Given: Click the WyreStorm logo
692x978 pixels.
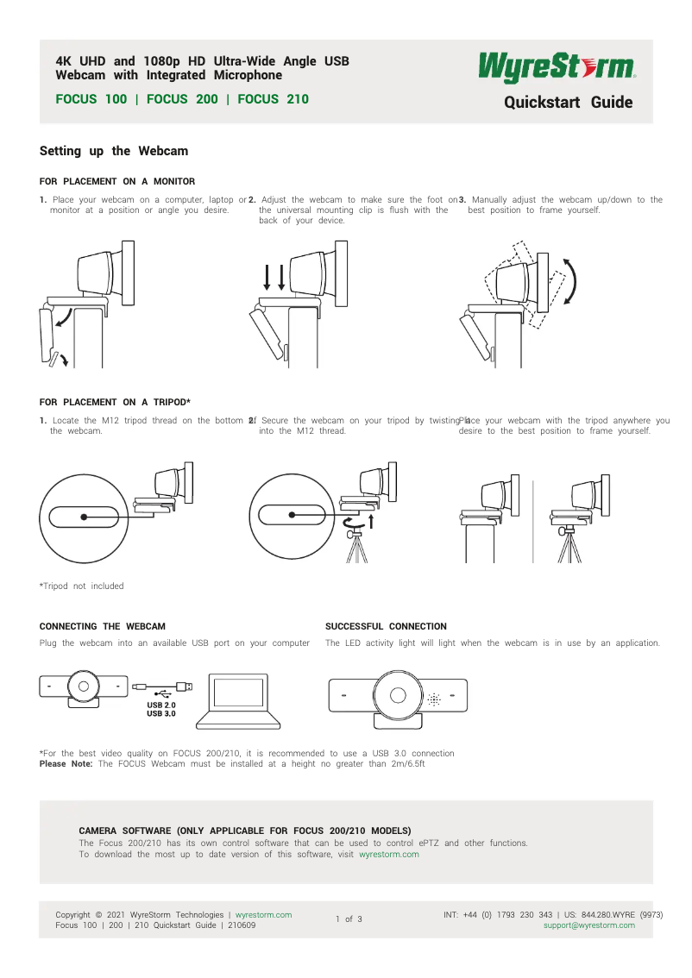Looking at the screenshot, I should tap(557, 67).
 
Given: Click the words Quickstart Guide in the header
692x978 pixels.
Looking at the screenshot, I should tap(568, 103).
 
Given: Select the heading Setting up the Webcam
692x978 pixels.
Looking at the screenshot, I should tap(114, 151).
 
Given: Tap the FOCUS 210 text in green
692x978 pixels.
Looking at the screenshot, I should tap(273, 99).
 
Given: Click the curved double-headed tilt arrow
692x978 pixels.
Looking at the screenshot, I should tap(571, 281).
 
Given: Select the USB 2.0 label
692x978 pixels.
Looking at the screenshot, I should tap(161, 705).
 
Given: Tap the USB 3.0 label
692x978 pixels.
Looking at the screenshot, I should tap(161, 714).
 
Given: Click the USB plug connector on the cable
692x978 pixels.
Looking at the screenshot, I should tap(184, 686).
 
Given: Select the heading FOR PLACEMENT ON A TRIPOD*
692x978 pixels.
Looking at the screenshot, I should tap(115, 402).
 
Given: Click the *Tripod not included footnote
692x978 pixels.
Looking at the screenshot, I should tap(82, 586).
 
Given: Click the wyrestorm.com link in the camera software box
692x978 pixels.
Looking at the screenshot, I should tap(388, 855).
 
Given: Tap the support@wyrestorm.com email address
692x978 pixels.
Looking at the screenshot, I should tap(588, 925).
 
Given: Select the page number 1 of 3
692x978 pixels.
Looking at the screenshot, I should tap(349, 919).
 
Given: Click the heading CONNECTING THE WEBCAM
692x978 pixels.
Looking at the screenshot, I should tap(103, 626).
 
